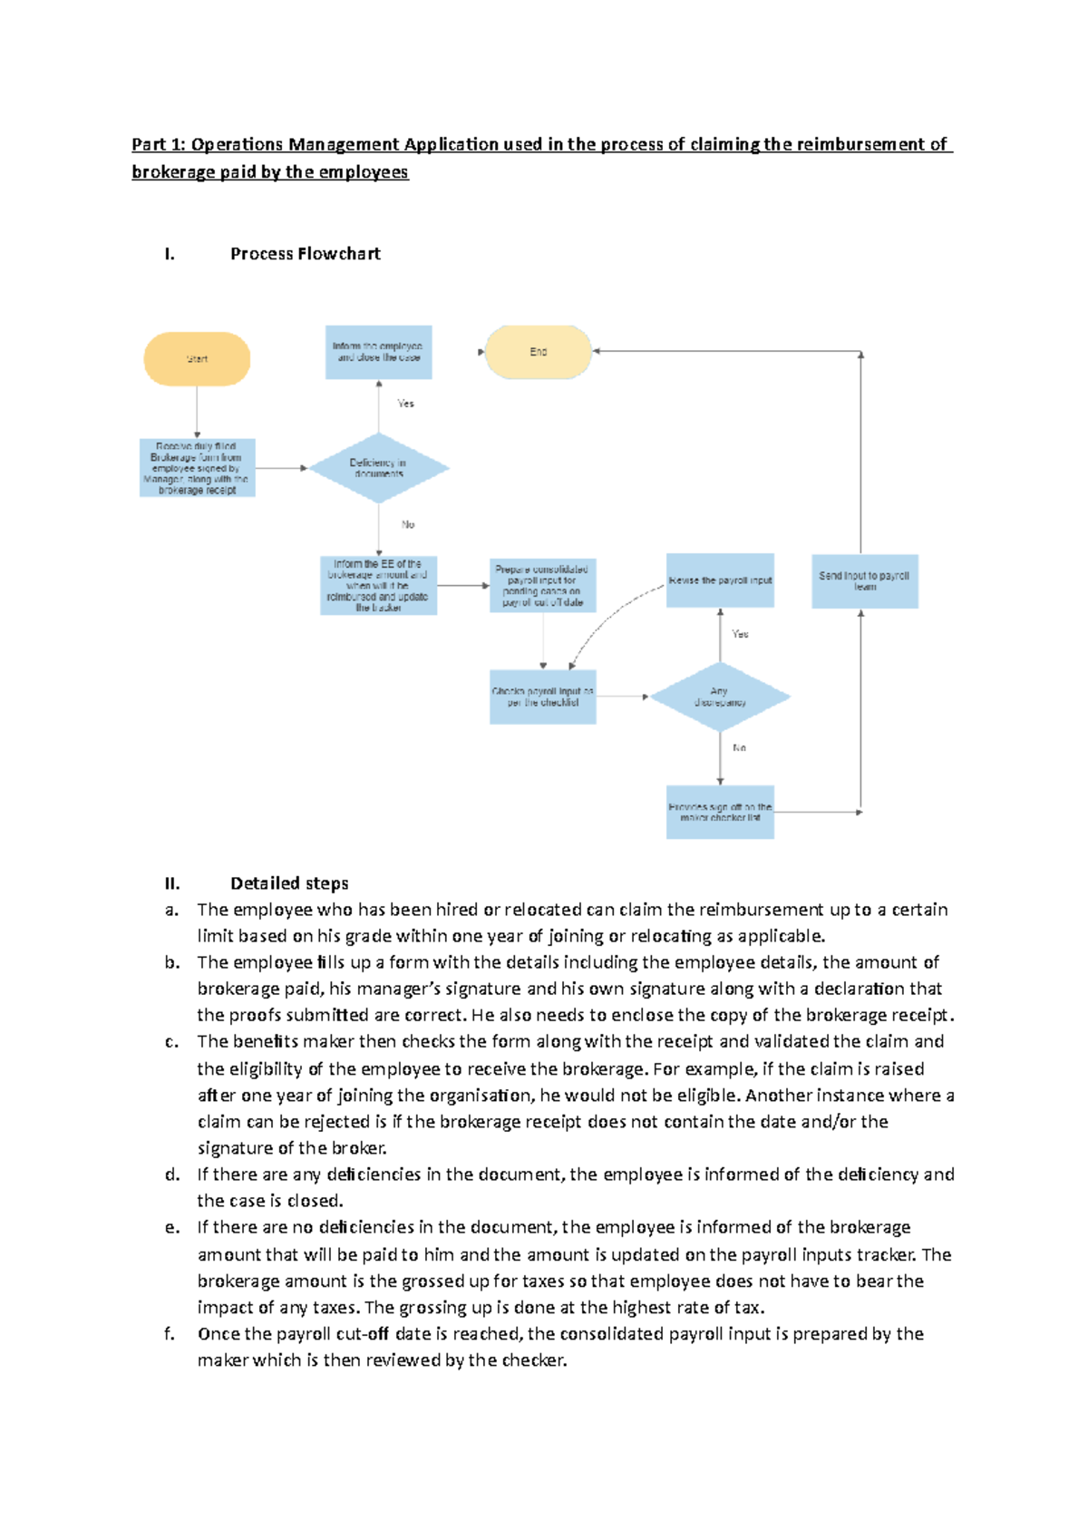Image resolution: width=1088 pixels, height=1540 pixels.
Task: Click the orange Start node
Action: click(x=197, y=359)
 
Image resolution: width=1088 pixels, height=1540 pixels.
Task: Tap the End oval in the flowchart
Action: click(x=539, y=352)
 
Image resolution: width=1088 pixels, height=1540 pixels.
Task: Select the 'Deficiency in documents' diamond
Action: click(x=379, y=468)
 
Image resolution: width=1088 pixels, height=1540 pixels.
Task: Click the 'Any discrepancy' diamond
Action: click(x=720, y=697)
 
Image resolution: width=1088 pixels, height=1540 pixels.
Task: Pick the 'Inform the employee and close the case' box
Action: click(x=378, y=352)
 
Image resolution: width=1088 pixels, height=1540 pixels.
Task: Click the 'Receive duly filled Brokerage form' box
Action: click(x=197, y=468)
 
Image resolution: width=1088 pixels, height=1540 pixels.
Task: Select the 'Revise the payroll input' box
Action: click(x=720, y=580)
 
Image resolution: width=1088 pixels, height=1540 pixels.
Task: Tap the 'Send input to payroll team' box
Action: click(x=864, y=581)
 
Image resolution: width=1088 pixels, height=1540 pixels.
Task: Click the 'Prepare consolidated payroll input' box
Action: click(x=543, y=586)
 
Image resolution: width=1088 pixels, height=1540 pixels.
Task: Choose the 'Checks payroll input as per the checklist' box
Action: click(x=543, y=697)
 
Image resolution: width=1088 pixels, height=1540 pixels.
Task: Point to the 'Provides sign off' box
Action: click(x=720, y=812)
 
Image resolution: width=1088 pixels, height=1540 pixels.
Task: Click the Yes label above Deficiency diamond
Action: click(x=405, y=404)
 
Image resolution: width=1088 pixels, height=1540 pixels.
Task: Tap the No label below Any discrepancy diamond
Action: click(x=739, y=748)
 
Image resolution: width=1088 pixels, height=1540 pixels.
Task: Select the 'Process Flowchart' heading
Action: click(x=305, y=254)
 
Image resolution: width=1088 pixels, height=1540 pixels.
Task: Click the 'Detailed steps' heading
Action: click(x=289, y=883)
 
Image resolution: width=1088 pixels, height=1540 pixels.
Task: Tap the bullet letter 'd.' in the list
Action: click(x=172, y=1174)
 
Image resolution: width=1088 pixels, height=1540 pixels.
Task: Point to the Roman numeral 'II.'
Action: click(x=172, y=883)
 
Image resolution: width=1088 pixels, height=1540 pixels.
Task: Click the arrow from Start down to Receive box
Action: click(x=197, y=413)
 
